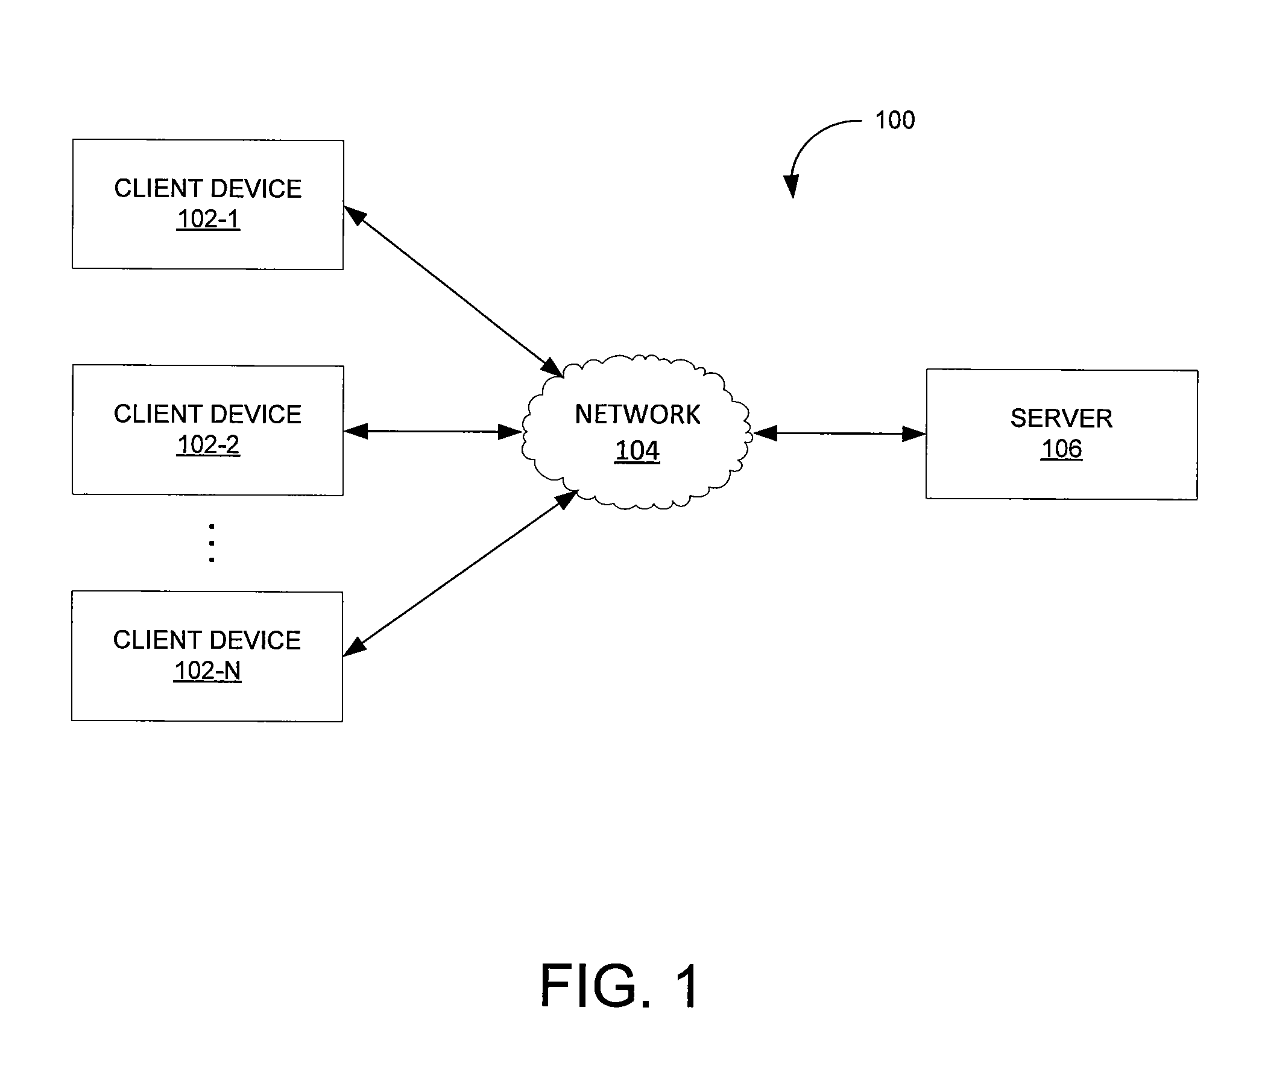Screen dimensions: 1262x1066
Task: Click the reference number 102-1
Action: click(208, 219)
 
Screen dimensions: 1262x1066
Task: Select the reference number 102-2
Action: click(208, 445)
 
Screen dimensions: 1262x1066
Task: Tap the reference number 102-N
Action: click(207, 671)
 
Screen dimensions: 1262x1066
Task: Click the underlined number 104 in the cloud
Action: click(637, 451)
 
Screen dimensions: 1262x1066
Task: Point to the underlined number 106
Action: click(1061, 449)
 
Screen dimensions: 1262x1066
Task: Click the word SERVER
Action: click(1061, 418)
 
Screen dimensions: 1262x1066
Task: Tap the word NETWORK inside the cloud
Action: click(638, 415)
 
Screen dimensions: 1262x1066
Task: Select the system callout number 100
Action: click(895, 120)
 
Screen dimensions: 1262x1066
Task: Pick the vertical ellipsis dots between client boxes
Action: click(212, 543)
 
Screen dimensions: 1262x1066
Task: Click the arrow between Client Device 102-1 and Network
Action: click(454, 292)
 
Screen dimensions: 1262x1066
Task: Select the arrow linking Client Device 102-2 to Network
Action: click(432, 432)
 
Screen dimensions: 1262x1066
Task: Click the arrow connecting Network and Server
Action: click(839, 434)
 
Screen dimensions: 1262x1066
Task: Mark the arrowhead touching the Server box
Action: click(914, 434)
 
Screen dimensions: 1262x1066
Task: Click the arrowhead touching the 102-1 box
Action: click(355, 215)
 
